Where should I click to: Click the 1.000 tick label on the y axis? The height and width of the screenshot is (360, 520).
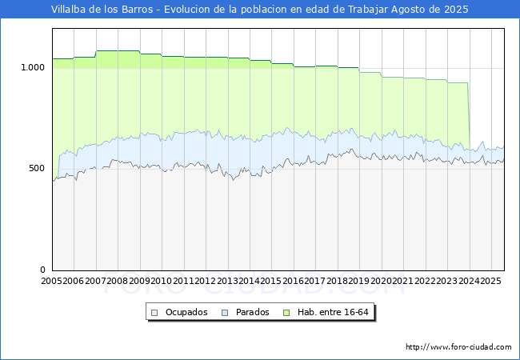[x=33, y=68]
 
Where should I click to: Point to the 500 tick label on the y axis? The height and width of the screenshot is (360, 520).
[x=37, y=168]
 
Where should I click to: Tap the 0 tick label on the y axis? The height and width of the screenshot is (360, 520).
[x=42, y=270]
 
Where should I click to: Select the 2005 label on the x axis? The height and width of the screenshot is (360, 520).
[x=51, y=281]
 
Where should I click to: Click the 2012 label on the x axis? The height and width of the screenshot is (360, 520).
[x=206, y=281]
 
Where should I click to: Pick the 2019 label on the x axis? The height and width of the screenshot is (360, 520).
[x=359, y=281]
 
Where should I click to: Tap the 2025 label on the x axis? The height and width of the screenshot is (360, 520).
[x=491, y=281]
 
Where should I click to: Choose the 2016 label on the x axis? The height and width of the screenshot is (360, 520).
[x=293, y=281]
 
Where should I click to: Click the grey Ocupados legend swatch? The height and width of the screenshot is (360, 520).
[x=154, y=313]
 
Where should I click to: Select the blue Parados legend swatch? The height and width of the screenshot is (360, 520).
[x=225, y=313]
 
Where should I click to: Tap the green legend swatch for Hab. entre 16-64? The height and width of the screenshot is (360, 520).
[x=286, y=313]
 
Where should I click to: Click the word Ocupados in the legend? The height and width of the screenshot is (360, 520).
[x=186, y=312]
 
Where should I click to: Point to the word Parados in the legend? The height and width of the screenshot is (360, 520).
[x=252, y=312]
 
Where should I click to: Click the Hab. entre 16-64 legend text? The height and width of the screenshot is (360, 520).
[x=333, y=312]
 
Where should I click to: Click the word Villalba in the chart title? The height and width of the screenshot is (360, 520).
[x=68, y=10]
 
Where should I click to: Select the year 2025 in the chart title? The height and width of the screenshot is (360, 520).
[x=456, y=10]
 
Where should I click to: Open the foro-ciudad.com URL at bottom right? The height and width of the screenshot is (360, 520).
[x=458, y=347]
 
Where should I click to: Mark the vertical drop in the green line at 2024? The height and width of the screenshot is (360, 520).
[x=469, y=116]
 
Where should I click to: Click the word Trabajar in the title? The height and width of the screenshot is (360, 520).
[x=368, y=10]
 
